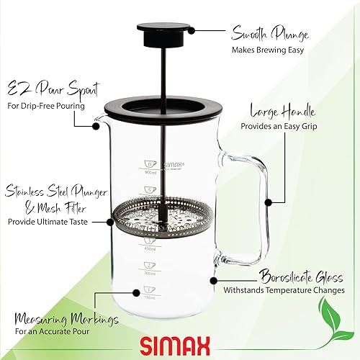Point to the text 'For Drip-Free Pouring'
(x=46, y=107)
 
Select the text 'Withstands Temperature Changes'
(x=292, y=291)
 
